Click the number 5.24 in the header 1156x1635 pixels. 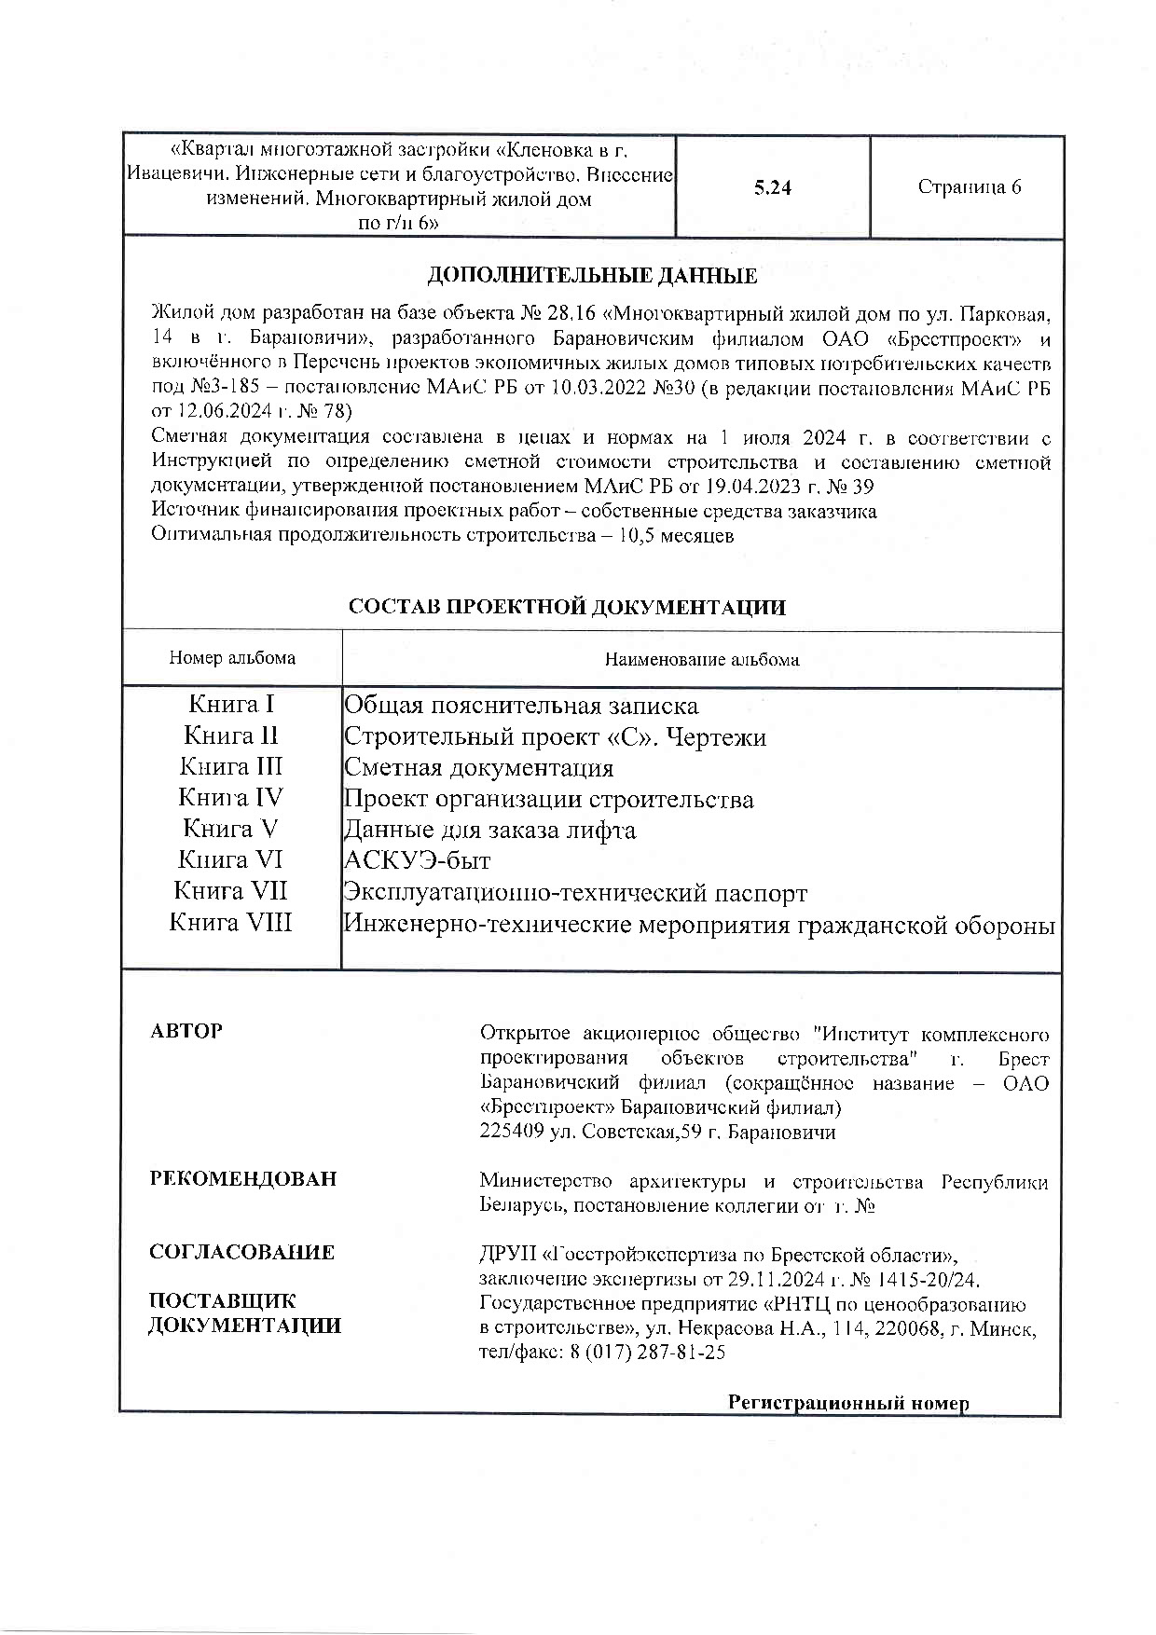tap(773, 187)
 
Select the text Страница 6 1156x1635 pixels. tap(969, 187)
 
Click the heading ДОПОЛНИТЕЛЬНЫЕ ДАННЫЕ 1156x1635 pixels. tap(592, 276)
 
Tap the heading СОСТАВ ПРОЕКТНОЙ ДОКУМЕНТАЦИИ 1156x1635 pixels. tap(567, 608)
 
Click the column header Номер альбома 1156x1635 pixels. tap(232, 658)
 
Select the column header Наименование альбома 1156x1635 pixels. tap(701, 660)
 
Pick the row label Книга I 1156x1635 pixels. tap(231, 704)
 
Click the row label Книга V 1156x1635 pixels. tap(230, 829)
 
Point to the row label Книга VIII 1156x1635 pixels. tap(230, 923)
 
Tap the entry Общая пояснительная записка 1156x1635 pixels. tap(521, 706)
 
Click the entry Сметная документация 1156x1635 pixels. tap(479, 768)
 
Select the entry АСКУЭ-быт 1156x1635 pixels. tap(418, 860)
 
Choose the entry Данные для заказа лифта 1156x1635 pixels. tap(490, 830)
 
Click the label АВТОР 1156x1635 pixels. tap(186, 1031)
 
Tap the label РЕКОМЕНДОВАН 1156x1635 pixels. tap(243, 1179)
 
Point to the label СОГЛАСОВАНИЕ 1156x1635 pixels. tap(241, 1252)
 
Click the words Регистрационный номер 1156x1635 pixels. tap(848, 1403)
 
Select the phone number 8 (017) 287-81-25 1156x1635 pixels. tap(648, 1353)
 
